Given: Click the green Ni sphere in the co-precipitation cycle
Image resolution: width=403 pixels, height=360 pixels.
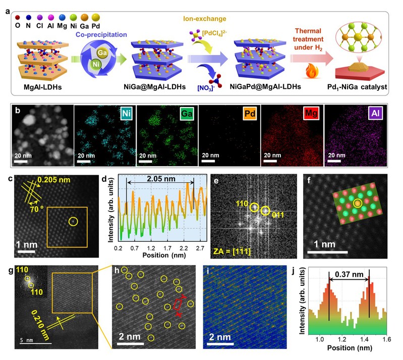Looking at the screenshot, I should pos(95,64).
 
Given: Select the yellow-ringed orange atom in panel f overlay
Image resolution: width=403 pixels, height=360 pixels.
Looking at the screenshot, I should pos(358,203).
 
